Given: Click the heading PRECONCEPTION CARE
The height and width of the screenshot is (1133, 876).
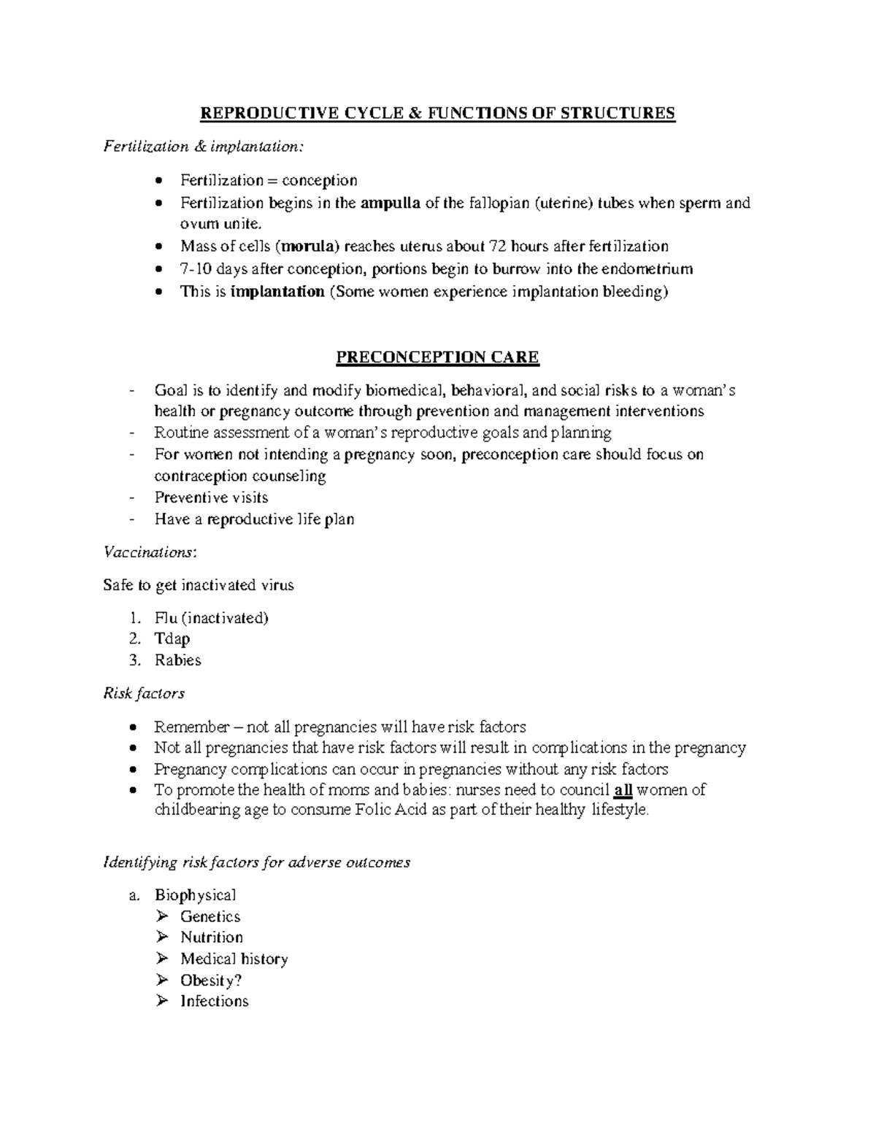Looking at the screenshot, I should pyautogui.click(x=437, y=357).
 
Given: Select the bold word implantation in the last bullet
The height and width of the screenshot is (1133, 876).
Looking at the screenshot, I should pyautogui.click(x=277, y=292).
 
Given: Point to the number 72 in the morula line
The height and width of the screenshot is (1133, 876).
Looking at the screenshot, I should pyautogui.click(x=496, y=247).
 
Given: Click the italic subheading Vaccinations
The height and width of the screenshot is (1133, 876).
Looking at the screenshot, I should pyautogui.click(x=150, y=552).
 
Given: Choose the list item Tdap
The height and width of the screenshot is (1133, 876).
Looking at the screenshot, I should pyautogui.click(x=172, y=639).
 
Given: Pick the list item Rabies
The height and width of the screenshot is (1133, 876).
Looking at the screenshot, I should pyautogui.click(x=177, y=660).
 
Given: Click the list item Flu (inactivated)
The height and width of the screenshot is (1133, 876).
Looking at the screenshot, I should pyautogui.click(x=212, y=618).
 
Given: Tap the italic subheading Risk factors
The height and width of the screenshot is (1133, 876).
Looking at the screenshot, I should pyautogui.click(x=144, y=693).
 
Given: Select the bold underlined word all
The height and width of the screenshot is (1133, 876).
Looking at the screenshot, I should pyautogui.click(x=623, y=790).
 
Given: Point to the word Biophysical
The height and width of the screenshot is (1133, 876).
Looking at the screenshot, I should pyautogui.click(x=195, y=895).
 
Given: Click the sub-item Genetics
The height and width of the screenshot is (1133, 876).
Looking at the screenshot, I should pyautogui.click(x=210, y=916).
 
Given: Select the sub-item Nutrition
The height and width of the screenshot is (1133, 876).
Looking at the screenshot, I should pyautogui.click(x=212, y=937).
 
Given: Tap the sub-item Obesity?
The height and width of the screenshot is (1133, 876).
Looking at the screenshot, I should pyautogui.click(x=211, y=980).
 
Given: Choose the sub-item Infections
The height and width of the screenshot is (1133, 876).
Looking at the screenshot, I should pyautogui.click(x=215, y=1001).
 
